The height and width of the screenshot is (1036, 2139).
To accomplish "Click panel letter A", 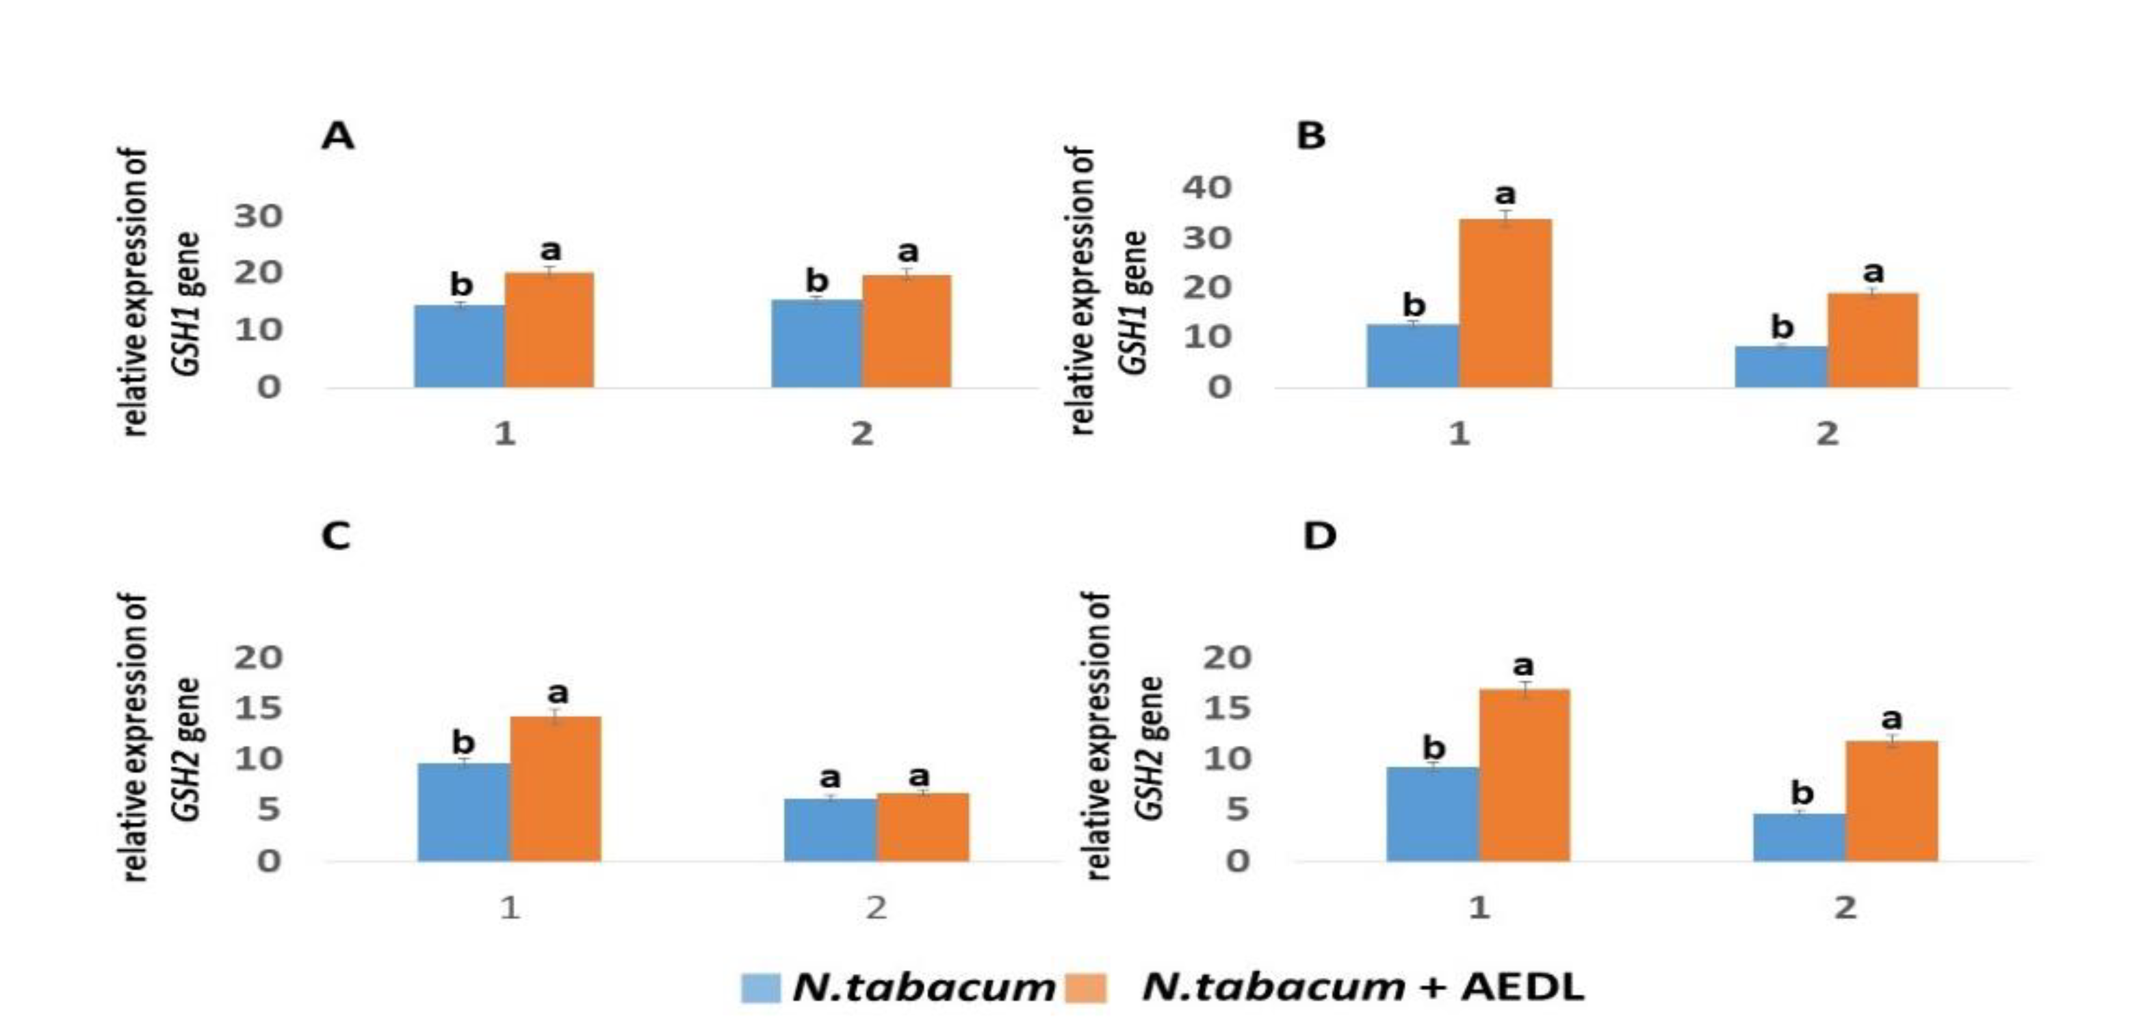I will coord(337,135).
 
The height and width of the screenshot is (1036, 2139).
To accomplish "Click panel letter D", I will coord(1319,536).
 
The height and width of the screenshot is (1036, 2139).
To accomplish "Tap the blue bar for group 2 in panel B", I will coord(1780,367).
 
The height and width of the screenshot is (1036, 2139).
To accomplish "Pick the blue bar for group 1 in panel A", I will coord(459,346).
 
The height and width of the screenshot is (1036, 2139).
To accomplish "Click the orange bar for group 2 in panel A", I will coord(907,331).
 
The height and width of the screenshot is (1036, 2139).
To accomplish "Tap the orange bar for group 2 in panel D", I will coord(1891,801).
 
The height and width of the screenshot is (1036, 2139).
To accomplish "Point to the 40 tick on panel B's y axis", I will coord(1207,187).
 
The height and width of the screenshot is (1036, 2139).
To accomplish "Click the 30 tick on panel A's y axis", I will coord(258,217).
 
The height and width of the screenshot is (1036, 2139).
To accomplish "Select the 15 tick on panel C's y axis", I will coord(258,708).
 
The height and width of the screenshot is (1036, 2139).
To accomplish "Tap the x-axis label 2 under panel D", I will coord(1845,907).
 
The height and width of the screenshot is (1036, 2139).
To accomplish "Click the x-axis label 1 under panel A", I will coord(505,433).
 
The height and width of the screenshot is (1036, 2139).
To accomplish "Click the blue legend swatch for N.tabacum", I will coord(761,988).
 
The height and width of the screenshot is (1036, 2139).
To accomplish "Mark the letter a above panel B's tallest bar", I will coord(1505,195).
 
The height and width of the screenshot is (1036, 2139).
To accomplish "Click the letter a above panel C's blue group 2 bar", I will coord(829,778).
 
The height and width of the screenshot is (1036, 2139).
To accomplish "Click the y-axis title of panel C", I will coord(158,737).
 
